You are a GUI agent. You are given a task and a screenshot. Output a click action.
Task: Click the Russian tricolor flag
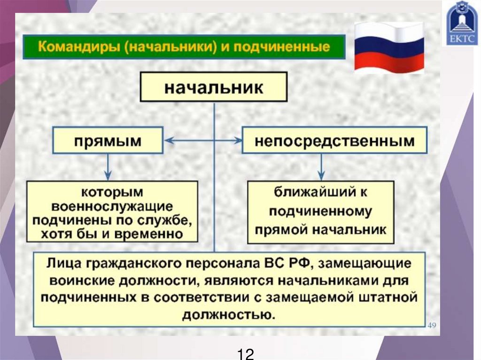tap(389, 48)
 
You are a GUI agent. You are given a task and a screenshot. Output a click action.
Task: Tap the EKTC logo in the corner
tap(462, 23)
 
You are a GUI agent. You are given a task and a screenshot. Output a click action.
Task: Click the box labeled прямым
tap(108, 140)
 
